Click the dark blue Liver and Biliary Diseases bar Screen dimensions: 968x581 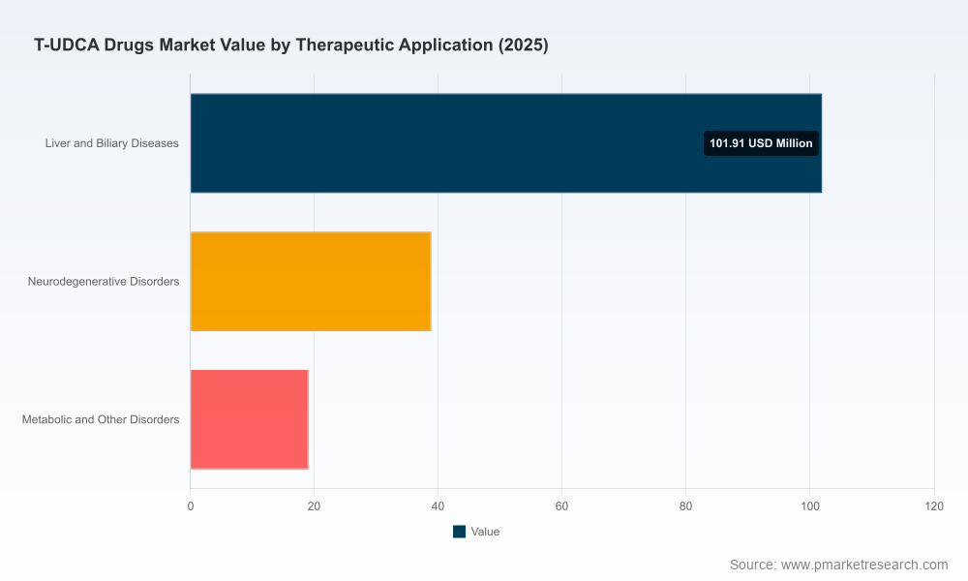(x=505, y=143)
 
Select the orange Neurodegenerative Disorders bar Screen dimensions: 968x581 (x=311, y=282)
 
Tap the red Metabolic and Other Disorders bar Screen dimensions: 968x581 (x=249, y=419)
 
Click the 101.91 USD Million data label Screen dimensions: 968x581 (x=761, y=143)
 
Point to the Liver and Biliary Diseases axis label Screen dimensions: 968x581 (x=111, y=143)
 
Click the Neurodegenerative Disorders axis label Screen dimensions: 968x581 (x=104, y=282)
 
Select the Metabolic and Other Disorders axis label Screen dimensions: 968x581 (x=101, y=419)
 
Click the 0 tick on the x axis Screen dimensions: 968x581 (x=190, y=506)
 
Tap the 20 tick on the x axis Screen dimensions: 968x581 (x=314, y=506)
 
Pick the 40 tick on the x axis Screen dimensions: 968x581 (x=438, y=506)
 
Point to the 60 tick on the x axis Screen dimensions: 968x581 (x=561, y=506)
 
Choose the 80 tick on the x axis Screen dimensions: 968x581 (x=685, y=506)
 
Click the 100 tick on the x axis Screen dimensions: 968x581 (x=810, y=506)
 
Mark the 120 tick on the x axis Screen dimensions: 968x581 (x=934, y=506)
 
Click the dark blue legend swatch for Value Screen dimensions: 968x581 (x=459, y=532)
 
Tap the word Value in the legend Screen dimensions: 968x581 (x=485, y=532)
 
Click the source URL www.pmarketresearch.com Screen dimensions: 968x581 (x=864, y=565)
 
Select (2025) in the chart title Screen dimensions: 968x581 (x=524, y=46)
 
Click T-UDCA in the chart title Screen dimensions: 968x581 (x=67, y=46)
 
